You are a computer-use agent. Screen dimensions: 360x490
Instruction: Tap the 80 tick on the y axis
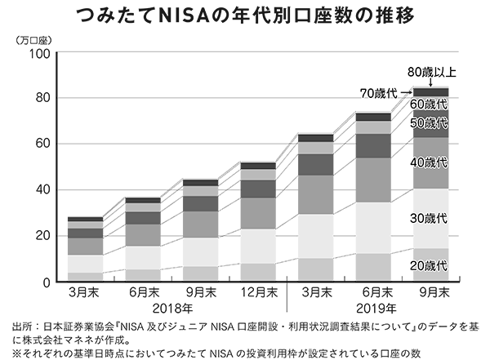42,99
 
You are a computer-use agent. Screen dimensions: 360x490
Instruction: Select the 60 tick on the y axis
42,144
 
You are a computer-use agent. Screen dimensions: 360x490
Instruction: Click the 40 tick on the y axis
42,190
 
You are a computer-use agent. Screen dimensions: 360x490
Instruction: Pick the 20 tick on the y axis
42,236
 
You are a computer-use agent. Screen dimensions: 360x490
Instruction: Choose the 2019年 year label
375,308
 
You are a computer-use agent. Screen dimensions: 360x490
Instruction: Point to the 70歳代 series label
376,93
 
